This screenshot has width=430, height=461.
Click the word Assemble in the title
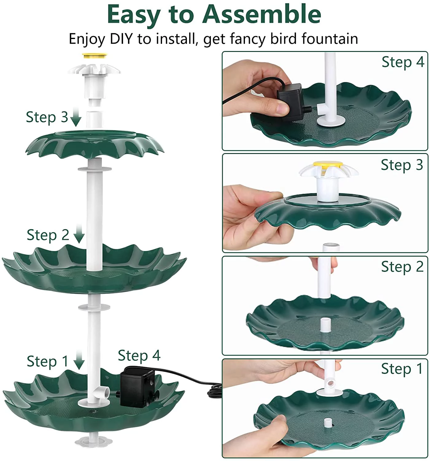(x=261, y=14)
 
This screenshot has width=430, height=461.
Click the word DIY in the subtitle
(x=122, y=39)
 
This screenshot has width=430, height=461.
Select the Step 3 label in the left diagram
(x=47, y=117)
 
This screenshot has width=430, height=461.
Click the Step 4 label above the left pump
(x=139, y=356)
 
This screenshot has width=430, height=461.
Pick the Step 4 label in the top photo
(x=403, y=62)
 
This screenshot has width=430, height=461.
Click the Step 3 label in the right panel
(x=402, y=165)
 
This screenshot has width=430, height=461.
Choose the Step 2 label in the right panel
(x=402, y=267)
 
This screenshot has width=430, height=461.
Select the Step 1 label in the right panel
(x=402, y=368)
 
